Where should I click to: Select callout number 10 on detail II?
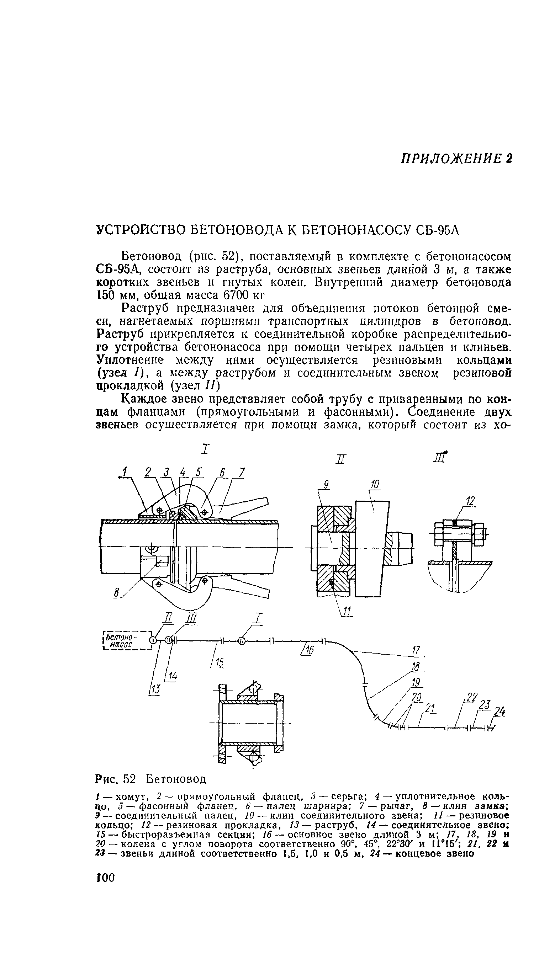coord(375,484)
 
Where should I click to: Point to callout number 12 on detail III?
coord(470,502)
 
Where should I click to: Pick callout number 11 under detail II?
coord(347,611)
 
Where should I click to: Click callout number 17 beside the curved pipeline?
coord(416,650)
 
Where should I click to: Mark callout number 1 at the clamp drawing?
coord(123,472)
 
